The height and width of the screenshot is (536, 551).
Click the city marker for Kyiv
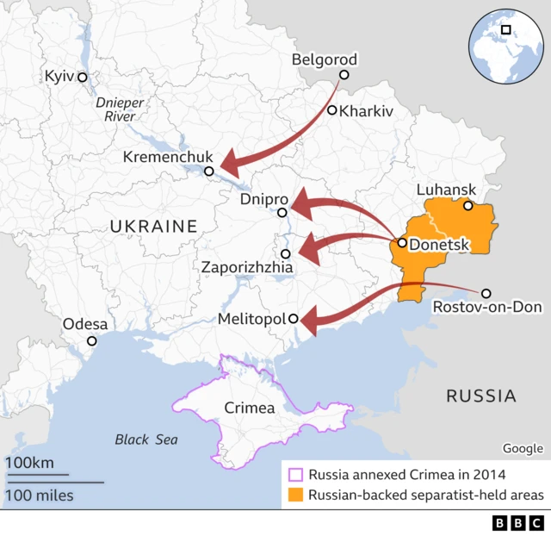click(83, 78)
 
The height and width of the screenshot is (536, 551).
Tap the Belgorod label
click(324, 59)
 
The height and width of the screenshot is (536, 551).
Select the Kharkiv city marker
click(331, 110)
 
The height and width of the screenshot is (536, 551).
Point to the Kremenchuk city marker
click(209, 172)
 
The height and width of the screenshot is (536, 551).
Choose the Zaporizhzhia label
click(247, 268)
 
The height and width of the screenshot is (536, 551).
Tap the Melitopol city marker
click(293, 319)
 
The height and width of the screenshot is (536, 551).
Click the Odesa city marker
click(92, 340)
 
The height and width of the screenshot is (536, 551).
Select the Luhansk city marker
click(468, 206)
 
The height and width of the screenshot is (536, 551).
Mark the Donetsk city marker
click(402, 243)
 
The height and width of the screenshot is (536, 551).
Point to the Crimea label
click(249, 408)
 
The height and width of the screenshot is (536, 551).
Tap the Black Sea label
click(146, 439)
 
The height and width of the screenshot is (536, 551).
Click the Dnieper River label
click(121, 109)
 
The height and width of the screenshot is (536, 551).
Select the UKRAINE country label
click(153, 227)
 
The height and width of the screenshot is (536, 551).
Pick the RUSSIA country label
click(480, 396)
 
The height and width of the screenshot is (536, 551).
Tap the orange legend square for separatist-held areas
click(295, 495)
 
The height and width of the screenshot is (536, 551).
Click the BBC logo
click(517, 523)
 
